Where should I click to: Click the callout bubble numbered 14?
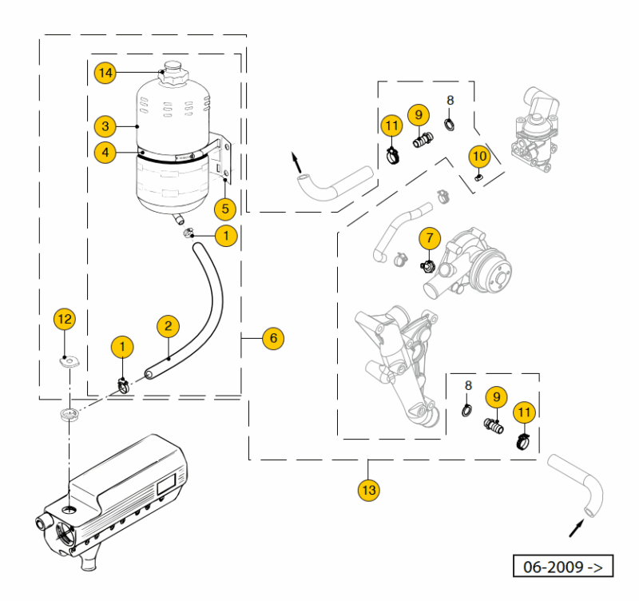coord(105,73)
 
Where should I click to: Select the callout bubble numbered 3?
coord(105,126)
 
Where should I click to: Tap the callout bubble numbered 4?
coord(105,150)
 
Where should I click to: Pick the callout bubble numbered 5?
coord(225,209)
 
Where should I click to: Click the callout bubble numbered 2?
coord(168,325)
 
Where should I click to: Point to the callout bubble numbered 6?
coord(273,338)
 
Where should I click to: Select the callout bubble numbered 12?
coord(65,320)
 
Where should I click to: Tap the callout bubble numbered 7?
coord(429,237)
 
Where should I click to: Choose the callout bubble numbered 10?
coord(478,154)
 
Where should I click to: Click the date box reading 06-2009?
coord(563,567)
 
